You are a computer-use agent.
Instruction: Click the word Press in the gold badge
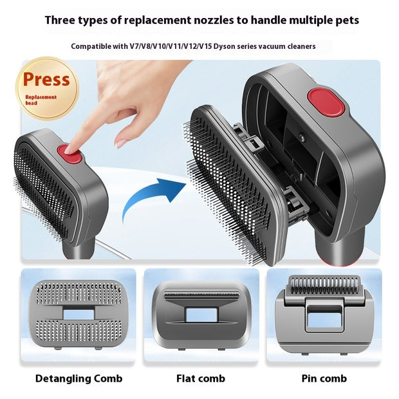coord(46,80)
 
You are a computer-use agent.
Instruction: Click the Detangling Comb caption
coord(79,378)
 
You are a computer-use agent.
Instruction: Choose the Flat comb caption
coord(200,378)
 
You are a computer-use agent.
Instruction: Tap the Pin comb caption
coord(324,378)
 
